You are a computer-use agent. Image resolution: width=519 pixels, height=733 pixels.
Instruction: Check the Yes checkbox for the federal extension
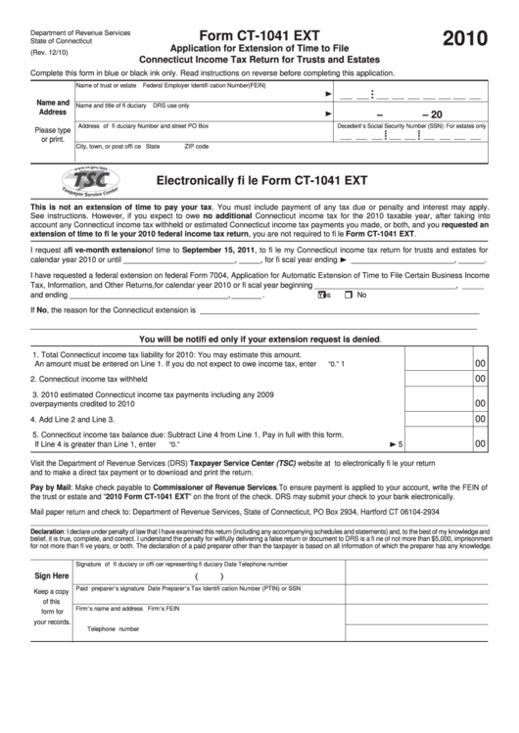point(324,295)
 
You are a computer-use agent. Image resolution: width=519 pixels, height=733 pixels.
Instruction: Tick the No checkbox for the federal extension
point(351,295)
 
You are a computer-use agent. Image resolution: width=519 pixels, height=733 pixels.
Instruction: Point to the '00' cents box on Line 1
point(480,359)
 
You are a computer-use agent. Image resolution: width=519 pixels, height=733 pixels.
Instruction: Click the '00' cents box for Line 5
point(480,443)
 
